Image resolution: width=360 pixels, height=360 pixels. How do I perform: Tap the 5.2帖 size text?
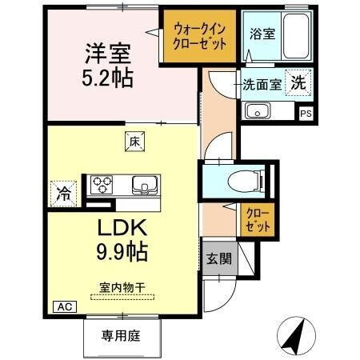(109, 78)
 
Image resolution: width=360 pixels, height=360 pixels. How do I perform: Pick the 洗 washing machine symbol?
(298, 81)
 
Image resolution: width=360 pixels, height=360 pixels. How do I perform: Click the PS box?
(305, 113)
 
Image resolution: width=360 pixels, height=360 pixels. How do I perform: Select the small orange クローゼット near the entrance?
(258, 220)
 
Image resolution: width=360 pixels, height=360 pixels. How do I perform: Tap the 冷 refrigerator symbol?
(62, 192)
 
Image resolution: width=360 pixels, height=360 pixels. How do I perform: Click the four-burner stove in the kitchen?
(102, 185)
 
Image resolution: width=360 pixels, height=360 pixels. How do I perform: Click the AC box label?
(62, 306)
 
